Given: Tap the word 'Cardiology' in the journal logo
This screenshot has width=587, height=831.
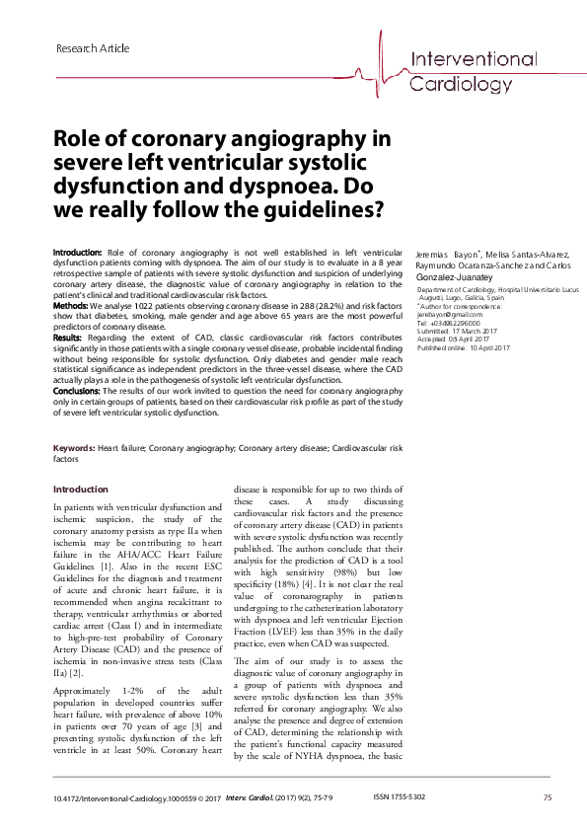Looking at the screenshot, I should point(461,84).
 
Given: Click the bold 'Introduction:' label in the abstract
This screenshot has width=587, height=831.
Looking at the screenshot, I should point(76,255).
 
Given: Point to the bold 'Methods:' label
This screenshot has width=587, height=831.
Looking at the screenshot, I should point(70,307).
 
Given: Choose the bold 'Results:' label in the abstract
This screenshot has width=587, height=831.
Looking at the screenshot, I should point(68,338).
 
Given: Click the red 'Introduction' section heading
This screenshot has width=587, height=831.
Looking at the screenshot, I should point(80,490).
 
